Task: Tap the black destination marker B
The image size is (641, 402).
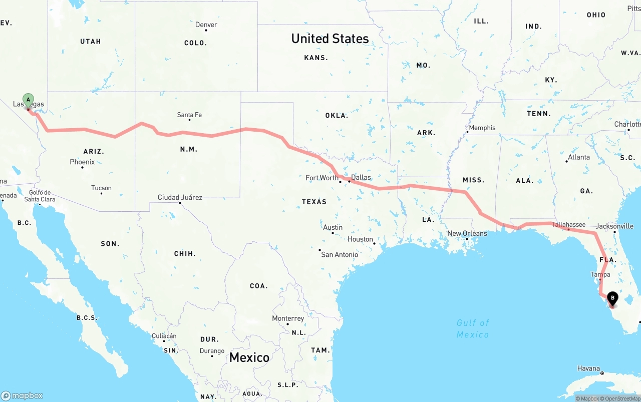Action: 612,298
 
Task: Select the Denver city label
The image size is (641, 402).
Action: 206,25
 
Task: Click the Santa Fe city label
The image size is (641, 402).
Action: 189,115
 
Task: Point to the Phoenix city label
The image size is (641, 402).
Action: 82,162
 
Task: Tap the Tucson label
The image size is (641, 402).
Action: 101,188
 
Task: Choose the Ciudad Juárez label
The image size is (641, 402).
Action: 180,197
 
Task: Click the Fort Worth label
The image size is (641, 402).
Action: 322,178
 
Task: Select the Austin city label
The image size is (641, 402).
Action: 333,227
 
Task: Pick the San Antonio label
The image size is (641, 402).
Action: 340,254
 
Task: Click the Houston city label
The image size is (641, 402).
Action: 361,239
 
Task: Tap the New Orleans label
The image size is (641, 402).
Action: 467,233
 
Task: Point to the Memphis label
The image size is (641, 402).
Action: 482,128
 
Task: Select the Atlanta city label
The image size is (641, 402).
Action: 579,157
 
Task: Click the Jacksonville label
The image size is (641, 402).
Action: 614,226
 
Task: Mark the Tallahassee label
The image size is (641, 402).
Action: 568,225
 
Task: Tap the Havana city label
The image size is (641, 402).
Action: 588,368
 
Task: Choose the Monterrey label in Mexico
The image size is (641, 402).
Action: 288,318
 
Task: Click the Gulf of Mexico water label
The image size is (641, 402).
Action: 473,328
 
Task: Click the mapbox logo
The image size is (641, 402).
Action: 22,395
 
